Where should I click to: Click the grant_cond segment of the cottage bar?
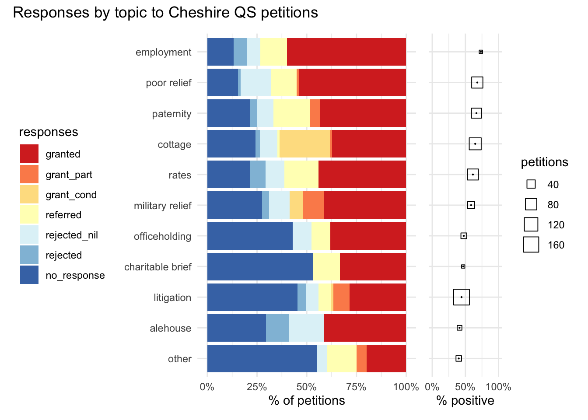click(x=304, y=144)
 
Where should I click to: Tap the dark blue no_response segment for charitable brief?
click(x=260, y=266)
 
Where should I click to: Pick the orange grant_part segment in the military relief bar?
click(x=313, y=205)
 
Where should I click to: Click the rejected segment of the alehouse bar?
click(x=277, y=328)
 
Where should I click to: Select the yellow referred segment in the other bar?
click(x=341, y=358)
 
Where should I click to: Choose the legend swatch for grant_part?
click(x=29, y=174)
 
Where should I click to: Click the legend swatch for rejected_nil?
click(x=29, y=235)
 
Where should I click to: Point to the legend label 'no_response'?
click(x=75, y=276)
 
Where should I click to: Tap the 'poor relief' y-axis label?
click(x=168, y=83)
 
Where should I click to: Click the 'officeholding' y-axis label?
click(x=162, y=236)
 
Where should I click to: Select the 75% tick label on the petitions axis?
click(x=356, y=387)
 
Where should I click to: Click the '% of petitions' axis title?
click(x=307, y=401)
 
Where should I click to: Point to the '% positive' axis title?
click(x=465, y=401)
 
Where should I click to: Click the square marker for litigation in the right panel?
click(x=462, y=297)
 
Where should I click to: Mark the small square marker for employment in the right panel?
click(x=481, y=52)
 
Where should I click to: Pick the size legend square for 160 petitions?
click(x=531, y=245)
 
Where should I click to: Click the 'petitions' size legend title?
click(x=544, y=162)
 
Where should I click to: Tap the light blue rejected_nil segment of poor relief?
click(x=255, y=83)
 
